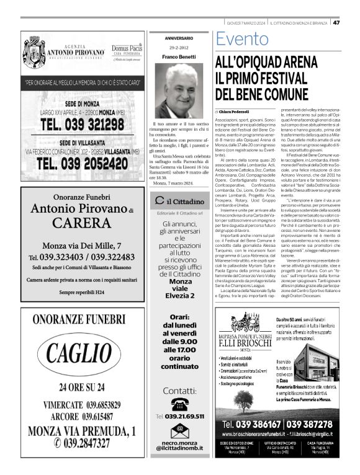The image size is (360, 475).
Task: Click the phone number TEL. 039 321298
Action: coord(81,124)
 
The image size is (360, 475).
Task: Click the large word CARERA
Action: coord(82,222)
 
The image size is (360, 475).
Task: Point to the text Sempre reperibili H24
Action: coord(81,292)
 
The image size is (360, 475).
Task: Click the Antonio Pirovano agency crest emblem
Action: coord(34,50)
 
